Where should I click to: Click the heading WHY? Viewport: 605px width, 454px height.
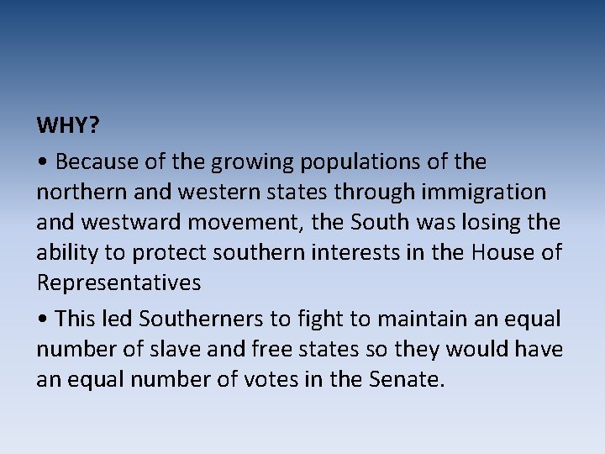68,126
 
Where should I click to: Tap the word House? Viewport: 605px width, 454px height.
499,253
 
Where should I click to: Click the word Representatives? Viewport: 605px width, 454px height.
118,283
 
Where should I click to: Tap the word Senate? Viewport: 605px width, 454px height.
405,379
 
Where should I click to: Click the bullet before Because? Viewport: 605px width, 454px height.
42,161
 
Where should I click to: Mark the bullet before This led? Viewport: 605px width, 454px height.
42,319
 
